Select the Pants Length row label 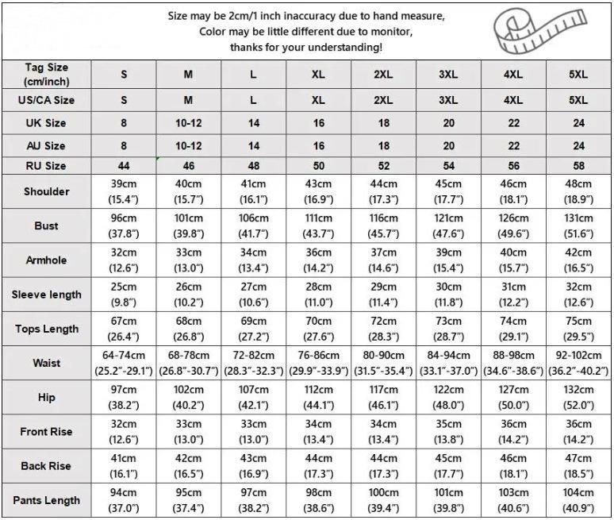(46, 500)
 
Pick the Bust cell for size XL (318, 226)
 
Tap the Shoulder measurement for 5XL (578, 191)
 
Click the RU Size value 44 (124, 166)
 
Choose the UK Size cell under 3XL (448, 123)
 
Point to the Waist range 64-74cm (124, 356)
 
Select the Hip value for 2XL (383, 397)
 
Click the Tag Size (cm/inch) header (46, 75)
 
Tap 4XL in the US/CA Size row (513, 101)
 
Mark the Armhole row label (46, 260)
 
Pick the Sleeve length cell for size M (188, 295)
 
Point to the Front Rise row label (46, 432)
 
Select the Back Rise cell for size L (253, 466)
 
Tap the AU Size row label (46, 146)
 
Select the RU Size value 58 (578, 166)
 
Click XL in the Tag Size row (318, 75)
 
